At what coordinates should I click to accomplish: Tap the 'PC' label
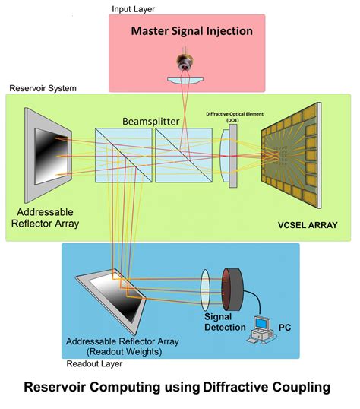286,328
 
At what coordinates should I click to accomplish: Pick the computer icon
261,332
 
